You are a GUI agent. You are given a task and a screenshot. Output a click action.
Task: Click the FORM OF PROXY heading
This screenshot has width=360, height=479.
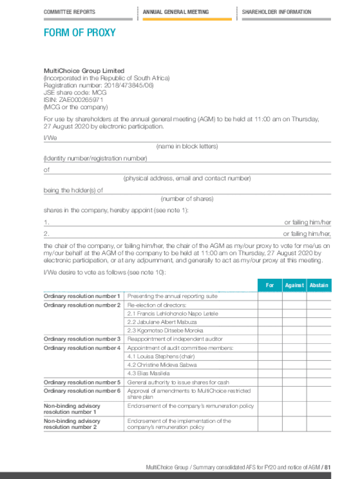click(x=79, y=33)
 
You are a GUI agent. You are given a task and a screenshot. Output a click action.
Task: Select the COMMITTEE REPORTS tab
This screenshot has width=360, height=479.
click(x=69, y=12)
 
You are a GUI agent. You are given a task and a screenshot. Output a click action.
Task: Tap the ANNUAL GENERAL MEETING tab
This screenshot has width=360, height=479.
click(x=176, y=12)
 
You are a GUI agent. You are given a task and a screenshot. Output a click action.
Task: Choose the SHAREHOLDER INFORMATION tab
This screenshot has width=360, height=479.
click(x=276, y=12)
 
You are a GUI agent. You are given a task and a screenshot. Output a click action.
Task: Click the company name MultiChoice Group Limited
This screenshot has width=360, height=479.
click(x=84, y=71)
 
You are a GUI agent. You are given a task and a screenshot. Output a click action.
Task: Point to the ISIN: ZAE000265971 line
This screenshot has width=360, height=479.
click(x=73, y=100)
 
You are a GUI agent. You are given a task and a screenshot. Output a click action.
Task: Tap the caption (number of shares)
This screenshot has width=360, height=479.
click(x=187, y=199)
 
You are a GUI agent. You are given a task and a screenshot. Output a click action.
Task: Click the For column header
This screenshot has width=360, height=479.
click(x=270, y=285)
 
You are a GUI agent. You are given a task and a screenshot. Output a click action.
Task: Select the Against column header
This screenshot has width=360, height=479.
click(x=295, y=285)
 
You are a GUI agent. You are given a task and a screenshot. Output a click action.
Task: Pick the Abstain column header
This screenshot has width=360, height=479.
click(x=319, y=285)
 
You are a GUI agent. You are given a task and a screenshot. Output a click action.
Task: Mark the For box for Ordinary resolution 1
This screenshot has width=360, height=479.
click(x=270, y=297)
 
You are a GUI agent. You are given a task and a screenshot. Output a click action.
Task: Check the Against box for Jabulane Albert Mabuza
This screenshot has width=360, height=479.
click(x=295, y=322)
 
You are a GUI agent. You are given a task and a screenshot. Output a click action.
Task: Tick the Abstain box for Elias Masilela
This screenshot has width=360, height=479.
click(x=319, y=373)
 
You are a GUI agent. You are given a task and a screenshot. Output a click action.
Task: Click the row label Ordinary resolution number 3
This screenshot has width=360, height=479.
click(x=82, y=339)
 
